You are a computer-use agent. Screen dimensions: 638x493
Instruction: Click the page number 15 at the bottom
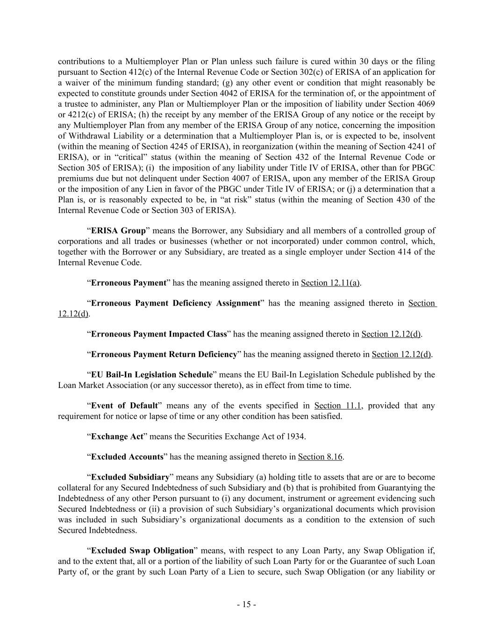(246, 604)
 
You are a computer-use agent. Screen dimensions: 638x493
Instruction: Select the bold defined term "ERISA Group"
(118, 231)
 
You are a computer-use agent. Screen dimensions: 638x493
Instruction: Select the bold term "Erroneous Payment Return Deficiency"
(164, 354)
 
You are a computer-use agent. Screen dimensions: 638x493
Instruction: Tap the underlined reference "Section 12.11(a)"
(330, 283)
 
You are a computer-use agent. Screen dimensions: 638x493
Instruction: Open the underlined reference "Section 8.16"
(320, 457)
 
